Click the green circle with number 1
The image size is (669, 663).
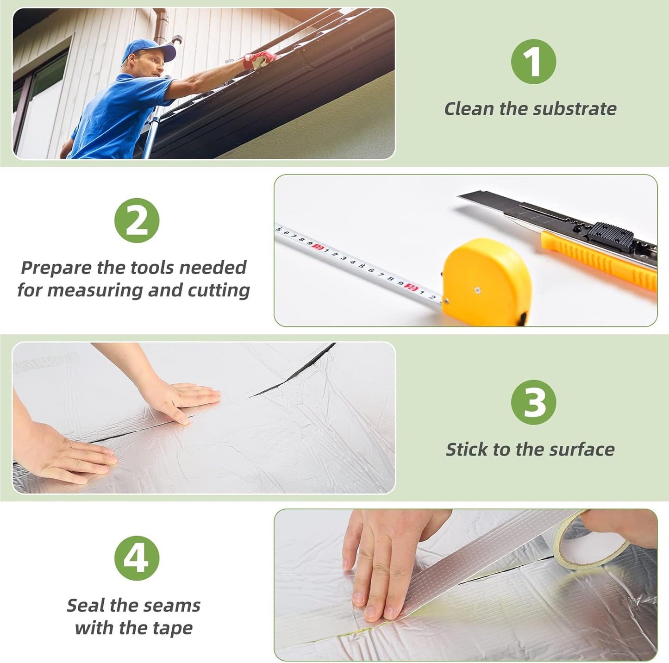click(x=534, y=62)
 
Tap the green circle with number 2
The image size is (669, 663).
click(x=137, y=220)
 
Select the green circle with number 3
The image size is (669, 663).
click(x=534, y=402)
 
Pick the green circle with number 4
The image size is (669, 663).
click(x=137, y=558)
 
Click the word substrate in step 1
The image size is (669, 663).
click(x=575, y=109)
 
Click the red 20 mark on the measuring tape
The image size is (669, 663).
click(x=412, y=287)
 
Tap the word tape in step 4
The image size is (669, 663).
click(x=173, y=628)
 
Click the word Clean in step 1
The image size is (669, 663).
click(x=469, y=109)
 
